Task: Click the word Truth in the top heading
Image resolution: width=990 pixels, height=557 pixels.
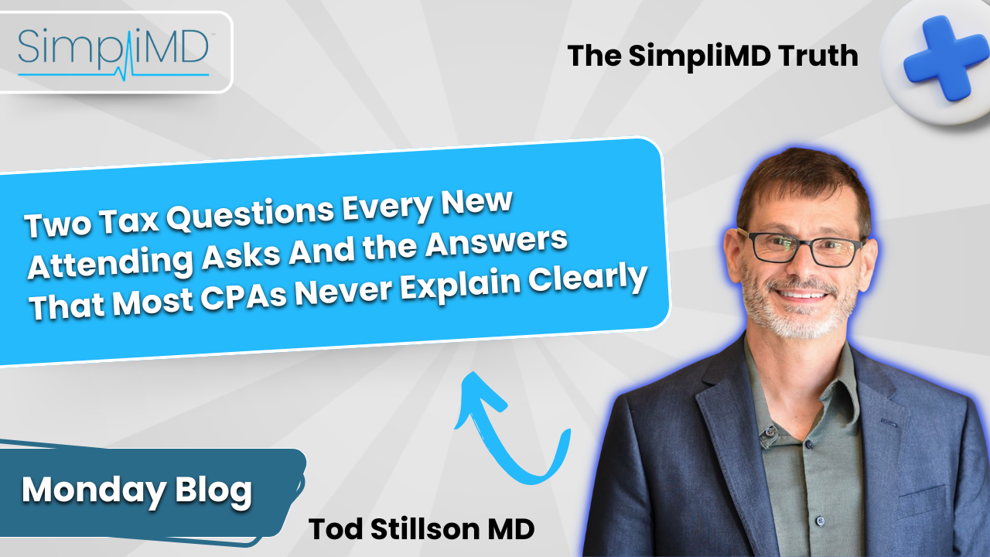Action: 818,56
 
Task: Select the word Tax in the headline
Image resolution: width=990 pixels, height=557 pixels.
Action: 129,221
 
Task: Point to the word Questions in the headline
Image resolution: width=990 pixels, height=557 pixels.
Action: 250,214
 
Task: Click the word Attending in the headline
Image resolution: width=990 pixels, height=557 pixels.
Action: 111,264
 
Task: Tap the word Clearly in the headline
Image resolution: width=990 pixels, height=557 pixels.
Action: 589,279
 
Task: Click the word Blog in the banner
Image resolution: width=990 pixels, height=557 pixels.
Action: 213,490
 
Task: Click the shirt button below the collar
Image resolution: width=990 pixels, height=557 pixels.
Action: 770,431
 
